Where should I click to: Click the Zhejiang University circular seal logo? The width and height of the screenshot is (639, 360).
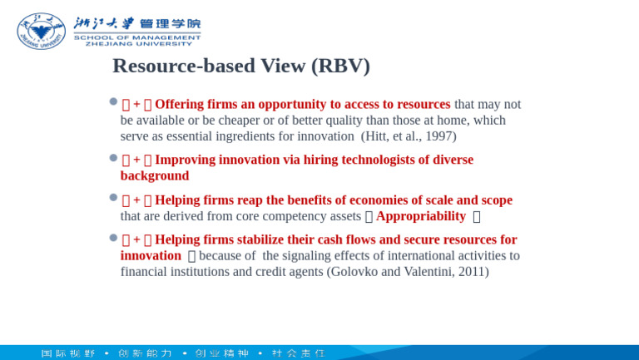point(41,31)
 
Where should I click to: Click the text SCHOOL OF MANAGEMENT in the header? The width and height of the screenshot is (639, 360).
point(137,37)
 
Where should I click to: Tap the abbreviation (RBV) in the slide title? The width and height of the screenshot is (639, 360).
point(339,66)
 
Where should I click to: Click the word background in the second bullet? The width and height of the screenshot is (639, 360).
point(155,176)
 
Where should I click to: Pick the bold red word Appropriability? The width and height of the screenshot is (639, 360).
point(421,216)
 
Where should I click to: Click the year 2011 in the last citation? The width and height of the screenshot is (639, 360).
point(471,272)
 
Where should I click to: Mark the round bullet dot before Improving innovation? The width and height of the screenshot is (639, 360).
point(113,157)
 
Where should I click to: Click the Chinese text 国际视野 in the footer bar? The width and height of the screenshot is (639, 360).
point(68,353)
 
